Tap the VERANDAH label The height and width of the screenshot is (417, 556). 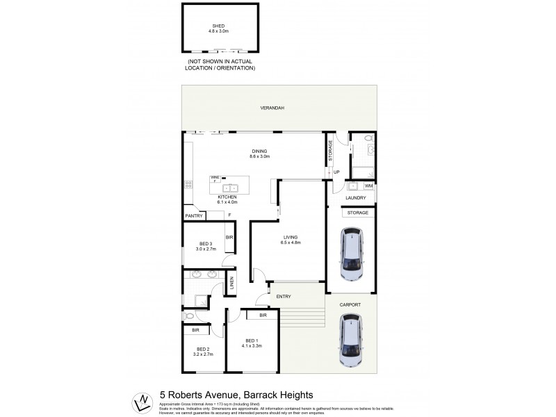pos(272,108)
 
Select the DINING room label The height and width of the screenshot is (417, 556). pos(259,152)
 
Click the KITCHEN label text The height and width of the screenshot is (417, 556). pos(227,197)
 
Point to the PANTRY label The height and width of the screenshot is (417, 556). pos(194,216)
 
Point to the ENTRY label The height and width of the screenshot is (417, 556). pos(284,297)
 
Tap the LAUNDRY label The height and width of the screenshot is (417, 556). pos(355,198)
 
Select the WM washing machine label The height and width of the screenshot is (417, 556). pos(368,186)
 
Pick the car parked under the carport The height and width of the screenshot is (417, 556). pos(352,340)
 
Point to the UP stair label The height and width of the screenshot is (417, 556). pos(336,172)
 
